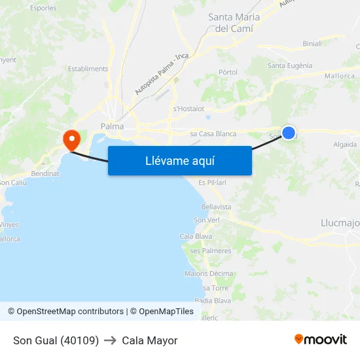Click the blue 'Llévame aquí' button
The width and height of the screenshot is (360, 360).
179,160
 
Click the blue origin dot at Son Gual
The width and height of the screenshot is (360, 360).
288,132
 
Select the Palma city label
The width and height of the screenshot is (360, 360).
112,126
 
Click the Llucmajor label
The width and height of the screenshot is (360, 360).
340,223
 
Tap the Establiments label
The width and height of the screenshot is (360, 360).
88,69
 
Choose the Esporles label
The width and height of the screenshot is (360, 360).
43,9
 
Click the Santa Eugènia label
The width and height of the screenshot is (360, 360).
290,65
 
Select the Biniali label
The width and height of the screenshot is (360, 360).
312,44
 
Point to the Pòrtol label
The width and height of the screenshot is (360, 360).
228,72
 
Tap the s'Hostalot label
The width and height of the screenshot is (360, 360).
189,109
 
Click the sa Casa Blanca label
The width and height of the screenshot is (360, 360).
213,134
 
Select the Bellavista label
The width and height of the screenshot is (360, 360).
216,207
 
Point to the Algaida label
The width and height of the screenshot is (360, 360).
345,144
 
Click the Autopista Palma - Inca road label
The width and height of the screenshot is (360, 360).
162,73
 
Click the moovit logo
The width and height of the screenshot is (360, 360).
321,340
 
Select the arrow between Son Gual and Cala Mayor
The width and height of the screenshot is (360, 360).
110,340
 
